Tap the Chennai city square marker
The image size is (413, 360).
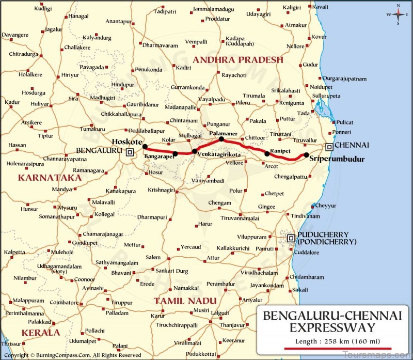[x=329, y=147]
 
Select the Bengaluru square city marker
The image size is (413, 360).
[x=130, y=152]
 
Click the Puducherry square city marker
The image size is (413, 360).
[x=291, y=238]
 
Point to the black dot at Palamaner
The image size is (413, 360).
[x=221, y=139]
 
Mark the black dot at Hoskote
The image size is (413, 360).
[x=145, y=146]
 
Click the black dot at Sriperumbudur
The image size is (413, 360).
[x=306, y=155]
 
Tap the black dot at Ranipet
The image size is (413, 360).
[x=267, y=153]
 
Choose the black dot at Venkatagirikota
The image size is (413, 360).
[x=195, y=151]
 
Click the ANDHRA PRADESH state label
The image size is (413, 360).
[x=238, y=60]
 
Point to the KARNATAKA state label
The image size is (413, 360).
[x=50, y=178]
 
